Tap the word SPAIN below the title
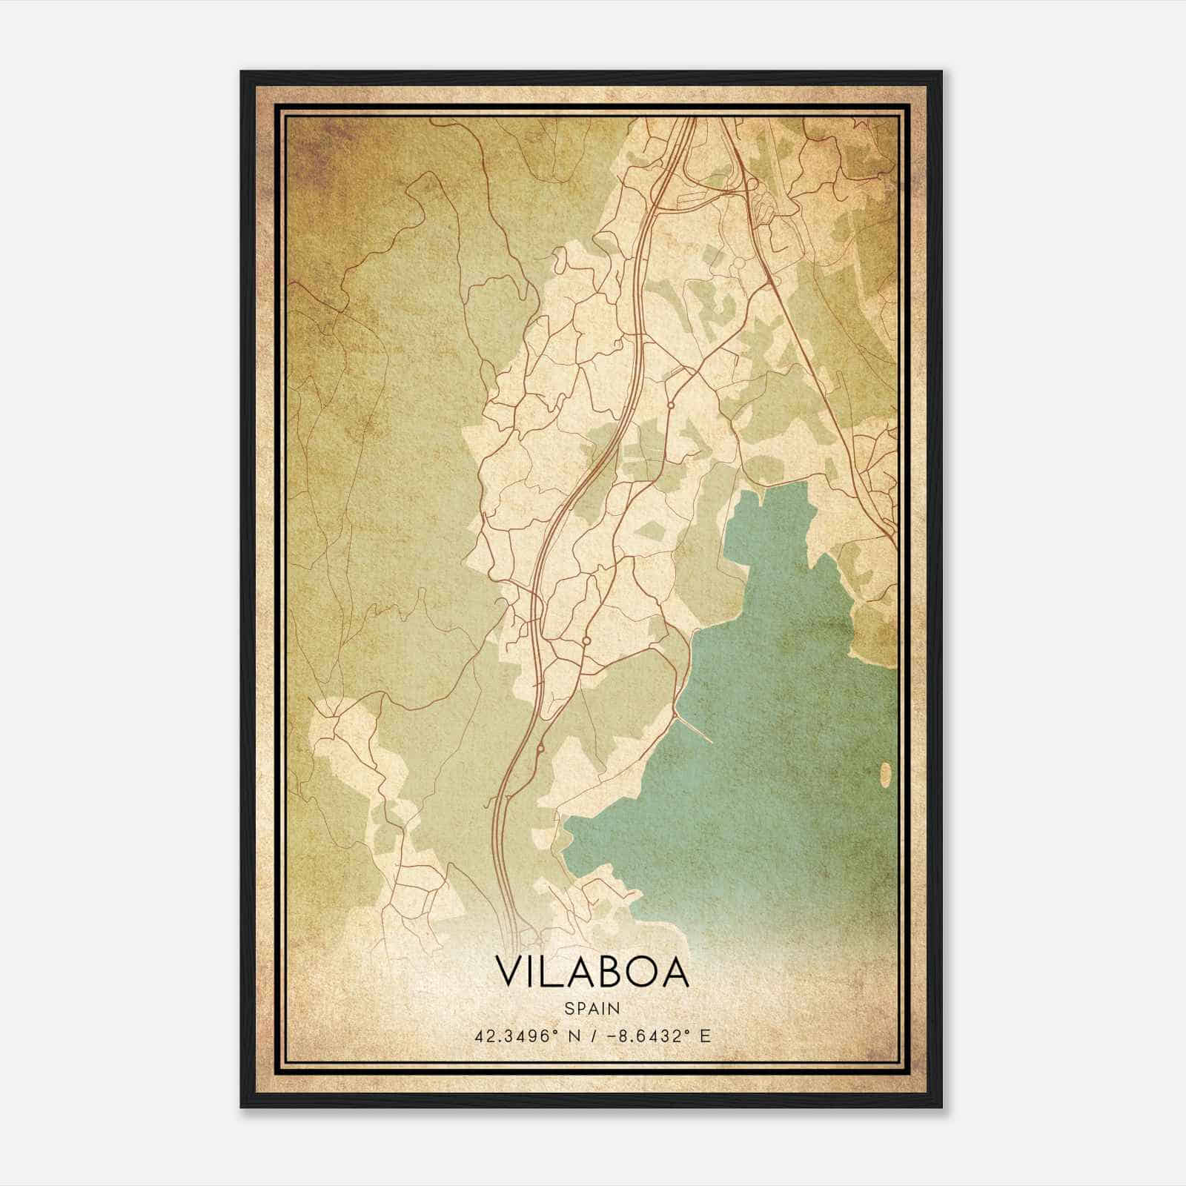coord(592,1008)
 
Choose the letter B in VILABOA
coord(612,973)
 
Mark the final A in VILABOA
coord(675,973)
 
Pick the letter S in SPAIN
coord(569,1008)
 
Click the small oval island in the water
coord(885,774)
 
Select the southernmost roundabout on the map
coord(540,749)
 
